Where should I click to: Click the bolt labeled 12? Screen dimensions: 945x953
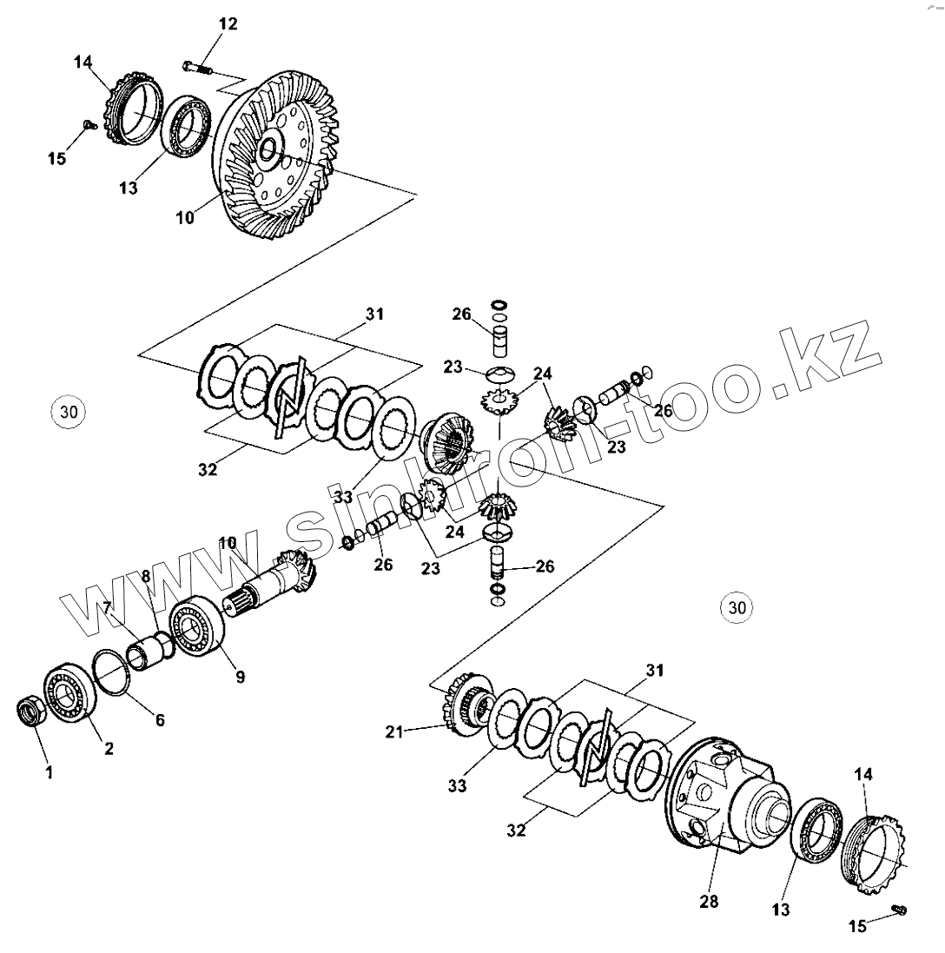coord(199,65)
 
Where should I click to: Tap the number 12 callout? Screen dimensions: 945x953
coord(227,23)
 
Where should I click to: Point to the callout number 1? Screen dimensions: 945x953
coord(49,771)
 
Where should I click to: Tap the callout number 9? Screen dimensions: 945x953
coord(240,674)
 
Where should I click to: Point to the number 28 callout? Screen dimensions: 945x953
coord(709,902)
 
